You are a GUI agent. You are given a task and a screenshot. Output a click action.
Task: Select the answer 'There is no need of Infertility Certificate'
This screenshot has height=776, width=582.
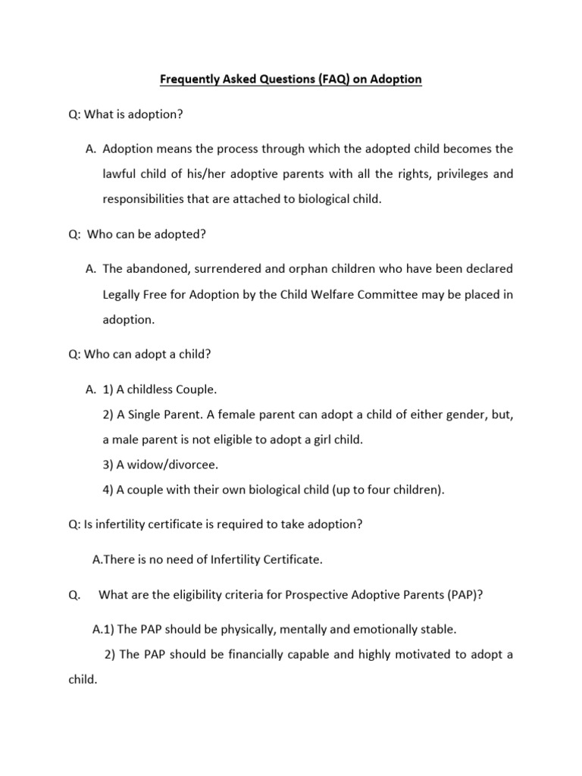(207, 559)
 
